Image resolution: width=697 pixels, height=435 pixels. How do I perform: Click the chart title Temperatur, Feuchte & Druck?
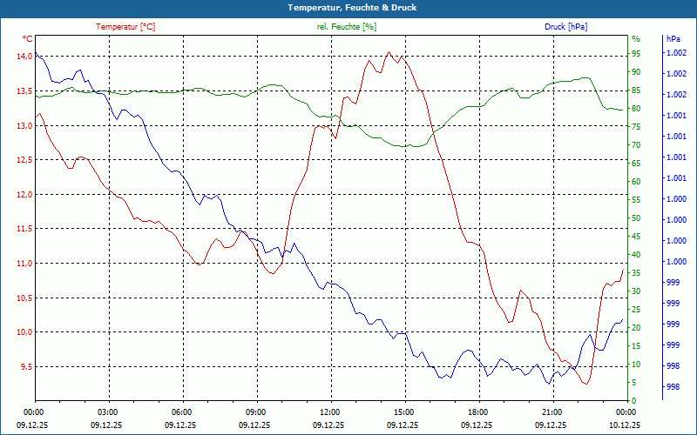point(348,8)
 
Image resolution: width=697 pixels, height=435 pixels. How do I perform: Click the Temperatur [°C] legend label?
point(125,27)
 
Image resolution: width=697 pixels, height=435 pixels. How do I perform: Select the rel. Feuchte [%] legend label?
point(347,27)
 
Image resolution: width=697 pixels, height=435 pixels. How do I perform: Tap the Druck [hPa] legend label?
point(565,27)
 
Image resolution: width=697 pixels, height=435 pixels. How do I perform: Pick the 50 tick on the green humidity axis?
point(636,218)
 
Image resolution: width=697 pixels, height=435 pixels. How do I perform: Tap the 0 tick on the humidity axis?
point(634,401)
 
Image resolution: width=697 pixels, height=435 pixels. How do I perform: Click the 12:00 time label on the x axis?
point(330,412)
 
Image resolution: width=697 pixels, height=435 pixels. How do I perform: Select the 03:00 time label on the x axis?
point(107,412)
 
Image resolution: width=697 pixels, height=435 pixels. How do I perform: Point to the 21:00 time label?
point(553,412)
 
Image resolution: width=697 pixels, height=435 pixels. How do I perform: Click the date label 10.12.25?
point(626,425)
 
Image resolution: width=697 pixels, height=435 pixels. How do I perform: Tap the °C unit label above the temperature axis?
point(28,39)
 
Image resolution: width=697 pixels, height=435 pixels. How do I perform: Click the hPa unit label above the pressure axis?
point(673,39)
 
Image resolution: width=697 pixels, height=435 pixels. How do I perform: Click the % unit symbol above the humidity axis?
point(635,39)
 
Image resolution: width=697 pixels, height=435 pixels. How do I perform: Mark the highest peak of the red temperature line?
point(389,51)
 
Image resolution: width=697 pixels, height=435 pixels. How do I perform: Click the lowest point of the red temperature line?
point(586,384)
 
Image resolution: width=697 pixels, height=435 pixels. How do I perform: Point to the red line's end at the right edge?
point(623,270)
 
